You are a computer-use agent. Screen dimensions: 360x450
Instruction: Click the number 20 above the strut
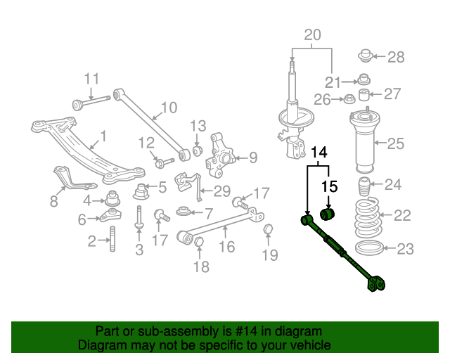tap(312, 34)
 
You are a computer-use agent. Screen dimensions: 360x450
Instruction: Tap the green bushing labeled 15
tap(329, 213)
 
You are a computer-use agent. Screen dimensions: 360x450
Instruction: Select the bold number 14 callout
tap(319, 151)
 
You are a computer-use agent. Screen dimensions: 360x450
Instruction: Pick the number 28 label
tap(396, 57)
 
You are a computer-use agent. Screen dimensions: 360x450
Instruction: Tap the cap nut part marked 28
tap(366, 55)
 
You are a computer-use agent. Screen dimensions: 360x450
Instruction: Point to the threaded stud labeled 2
tap(112, 243)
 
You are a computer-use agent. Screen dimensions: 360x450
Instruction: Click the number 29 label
tap(221, 191)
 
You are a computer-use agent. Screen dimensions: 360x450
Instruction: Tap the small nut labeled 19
tap(268, 230)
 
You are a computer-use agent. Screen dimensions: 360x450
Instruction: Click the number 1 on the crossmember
tap(103, 135)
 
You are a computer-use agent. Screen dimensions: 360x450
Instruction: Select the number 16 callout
tap(226, 246)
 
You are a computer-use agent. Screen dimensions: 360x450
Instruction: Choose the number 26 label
tap(322, 100)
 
